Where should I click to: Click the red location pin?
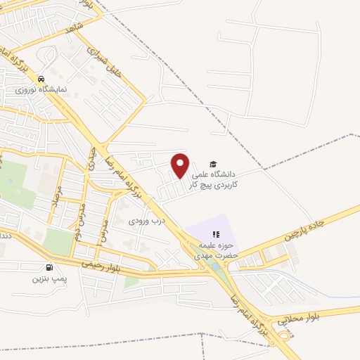pyautogui.click(x=181, y=165)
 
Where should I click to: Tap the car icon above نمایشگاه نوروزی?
pyautogui.click(x=42, y=79)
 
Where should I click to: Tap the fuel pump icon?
pyautogui.click(x=49, y=267)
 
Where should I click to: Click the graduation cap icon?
pyautogui.click(x=213, y=163)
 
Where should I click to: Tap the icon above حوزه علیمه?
pyautogui.click(x=217, y=234)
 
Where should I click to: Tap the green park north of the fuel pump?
pyautogui.click(x=58, y=241)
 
